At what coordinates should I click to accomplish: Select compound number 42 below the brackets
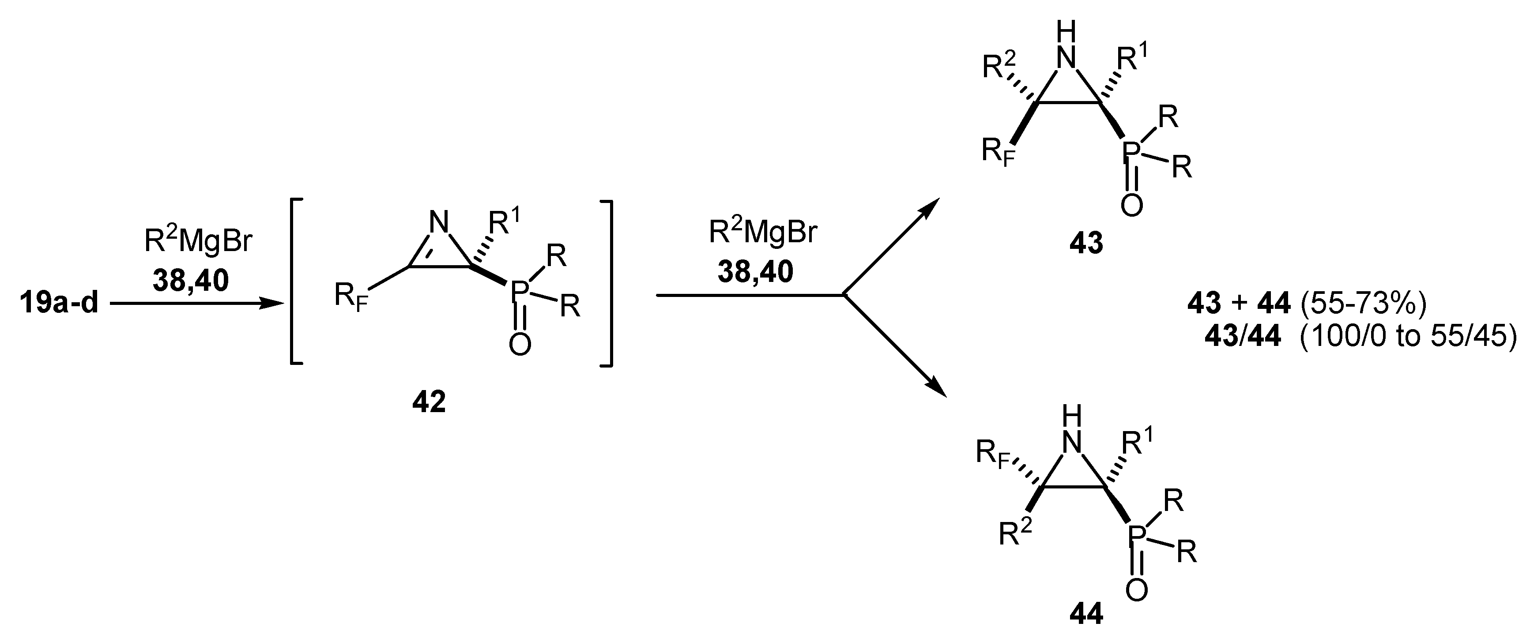pos(429,403)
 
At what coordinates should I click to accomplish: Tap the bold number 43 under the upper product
pos(1086,243)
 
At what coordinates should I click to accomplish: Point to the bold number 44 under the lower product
pos(1086,614)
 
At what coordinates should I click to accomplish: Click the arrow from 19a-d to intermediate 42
pos(196,304)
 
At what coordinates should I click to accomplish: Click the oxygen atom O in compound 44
pos(1136,590)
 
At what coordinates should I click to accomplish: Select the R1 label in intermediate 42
pos(504,222)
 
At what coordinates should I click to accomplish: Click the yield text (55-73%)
pos(1363,304)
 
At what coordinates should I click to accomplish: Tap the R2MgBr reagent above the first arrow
pos(198,241)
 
